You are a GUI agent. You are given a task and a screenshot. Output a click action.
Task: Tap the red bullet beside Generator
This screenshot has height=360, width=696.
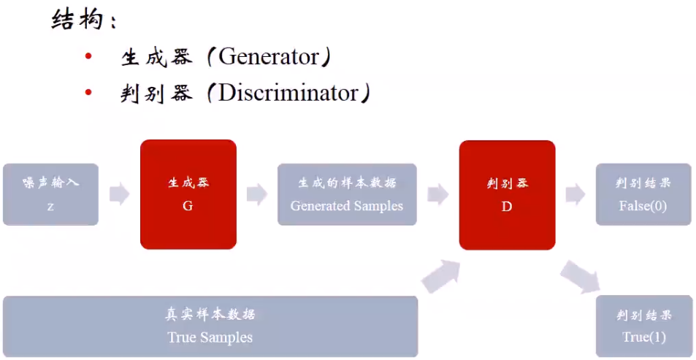click(88, 57)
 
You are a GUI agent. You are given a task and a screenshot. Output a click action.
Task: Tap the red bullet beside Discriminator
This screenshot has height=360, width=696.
click(88, 93)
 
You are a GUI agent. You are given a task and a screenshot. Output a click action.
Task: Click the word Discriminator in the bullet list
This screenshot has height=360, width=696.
click(288, 93)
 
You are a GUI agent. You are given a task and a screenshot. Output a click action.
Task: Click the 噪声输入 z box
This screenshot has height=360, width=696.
click(50, 194)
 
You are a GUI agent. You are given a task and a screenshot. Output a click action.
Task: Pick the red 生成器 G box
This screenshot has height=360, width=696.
click(188, 194)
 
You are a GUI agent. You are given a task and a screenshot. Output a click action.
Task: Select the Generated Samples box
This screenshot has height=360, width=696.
click(346, 194)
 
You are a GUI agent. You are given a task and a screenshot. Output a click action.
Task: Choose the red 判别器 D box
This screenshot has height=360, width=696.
click(507, 194)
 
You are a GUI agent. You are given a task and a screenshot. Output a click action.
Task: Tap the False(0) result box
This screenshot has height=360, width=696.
click(643, 194)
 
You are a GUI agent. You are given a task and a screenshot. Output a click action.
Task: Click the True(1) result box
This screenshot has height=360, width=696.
click(643, 326)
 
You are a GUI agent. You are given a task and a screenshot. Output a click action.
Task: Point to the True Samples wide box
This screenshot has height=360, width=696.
click(210, 326)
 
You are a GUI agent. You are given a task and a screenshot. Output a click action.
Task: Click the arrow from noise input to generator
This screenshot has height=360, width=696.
click(119, 194)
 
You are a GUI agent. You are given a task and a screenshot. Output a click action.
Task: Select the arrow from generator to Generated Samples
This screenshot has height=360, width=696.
click(256, 194)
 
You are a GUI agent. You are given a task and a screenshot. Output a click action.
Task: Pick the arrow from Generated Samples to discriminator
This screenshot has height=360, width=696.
click(437, 194)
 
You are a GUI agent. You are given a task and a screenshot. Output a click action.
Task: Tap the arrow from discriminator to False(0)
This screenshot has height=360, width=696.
click(575, 194)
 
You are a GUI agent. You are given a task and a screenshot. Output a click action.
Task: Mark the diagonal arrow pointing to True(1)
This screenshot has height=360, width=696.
click(580, 277)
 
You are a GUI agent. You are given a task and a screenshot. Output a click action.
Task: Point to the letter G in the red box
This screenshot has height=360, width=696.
click(188, 206)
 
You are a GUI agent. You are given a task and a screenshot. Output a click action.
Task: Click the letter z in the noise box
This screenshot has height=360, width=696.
click(50, 206)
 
